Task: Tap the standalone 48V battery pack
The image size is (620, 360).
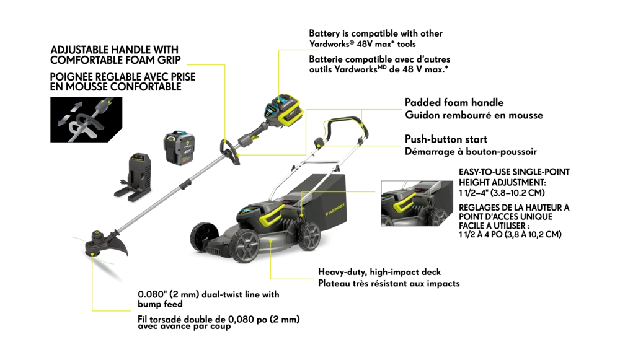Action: click(x=179, y=148)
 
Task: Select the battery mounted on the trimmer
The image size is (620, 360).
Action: click(x=285, y=109)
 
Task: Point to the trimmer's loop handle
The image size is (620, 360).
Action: click(x=229, y=152)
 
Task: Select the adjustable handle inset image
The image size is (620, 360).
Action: click(x=86, y=120)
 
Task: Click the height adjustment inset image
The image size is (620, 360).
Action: click(x=417, y=203)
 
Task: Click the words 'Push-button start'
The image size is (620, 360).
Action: click(x=446, y=139)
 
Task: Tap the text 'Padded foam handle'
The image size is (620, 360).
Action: click(x=454, y=102)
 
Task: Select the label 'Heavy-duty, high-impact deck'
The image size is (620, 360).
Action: click(x=379, y=272)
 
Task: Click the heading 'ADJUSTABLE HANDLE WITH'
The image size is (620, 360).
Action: click(x=114, y=50)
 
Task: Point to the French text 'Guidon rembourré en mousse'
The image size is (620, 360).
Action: click(x=474, y=115)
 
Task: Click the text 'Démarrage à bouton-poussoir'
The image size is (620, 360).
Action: click(x=471, y=151)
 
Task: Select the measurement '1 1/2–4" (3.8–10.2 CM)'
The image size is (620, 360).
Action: click(x=502, y=193)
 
